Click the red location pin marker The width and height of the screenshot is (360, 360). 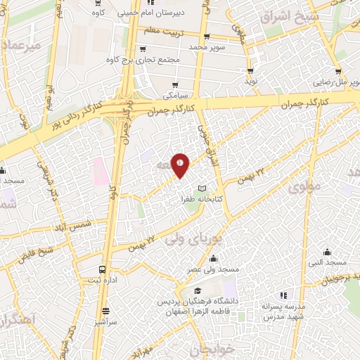point(181,165)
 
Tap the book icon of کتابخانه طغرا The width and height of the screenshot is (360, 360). point(202,188)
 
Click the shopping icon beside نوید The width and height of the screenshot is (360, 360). point(250,71)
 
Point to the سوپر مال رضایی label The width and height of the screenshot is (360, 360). point(332,81)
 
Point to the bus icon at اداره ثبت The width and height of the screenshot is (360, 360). point(104,269)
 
